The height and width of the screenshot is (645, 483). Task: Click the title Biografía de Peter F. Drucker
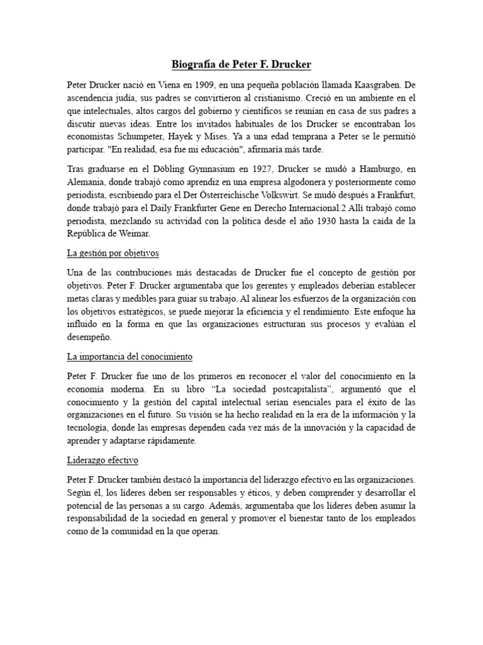coord(241,64)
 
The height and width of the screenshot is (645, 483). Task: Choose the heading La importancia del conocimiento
coord(130,356)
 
